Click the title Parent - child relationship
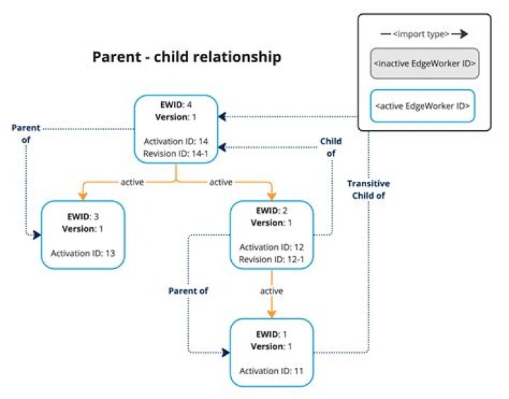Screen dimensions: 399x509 point(187,57)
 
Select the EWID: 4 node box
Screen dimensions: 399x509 point(175,130)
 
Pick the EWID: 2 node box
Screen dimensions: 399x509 point(271,234)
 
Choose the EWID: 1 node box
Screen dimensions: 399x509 point(271,352)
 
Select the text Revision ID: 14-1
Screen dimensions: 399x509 point(175,154)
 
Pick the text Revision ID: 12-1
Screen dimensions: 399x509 point(271,258)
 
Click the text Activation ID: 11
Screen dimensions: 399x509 point(271,369)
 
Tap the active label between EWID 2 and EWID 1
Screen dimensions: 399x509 point(271,291)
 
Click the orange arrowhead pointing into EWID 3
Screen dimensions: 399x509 point(83,196)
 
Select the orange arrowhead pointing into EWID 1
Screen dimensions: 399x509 point(271,313)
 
